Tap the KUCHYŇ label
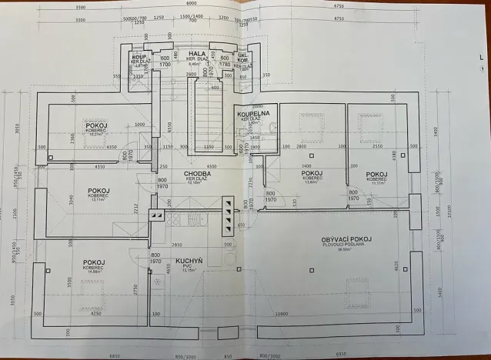click(x=189, y=262)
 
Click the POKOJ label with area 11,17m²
click(x=376, y=175)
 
